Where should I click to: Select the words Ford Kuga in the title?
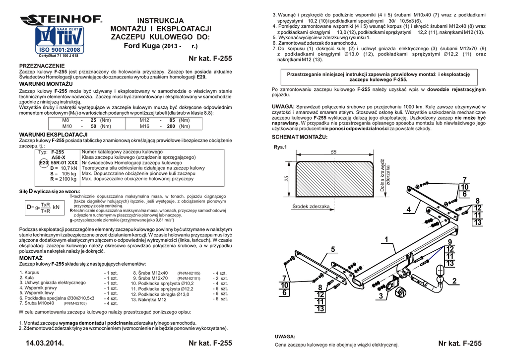(x=141, y=46)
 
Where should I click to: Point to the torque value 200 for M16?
(x=172, y=127)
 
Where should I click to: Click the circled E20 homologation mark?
(x=44, y=162)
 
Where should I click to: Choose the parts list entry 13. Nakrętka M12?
(x=148, y=299)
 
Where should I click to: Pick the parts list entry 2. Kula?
(x=27, y=278)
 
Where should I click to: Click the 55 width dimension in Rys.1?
(x=333, y=151)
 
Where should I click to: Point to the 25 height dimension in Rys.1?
(x=286, y=179)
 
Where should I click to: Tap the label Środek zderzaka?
(x=311, y=206)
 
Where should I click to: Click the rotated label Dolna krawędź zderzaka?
(x=385, y=175)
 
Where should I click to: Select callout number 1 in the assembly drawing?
(x=385, y=240)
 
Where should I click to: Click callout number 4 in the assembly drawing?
(x=408, y=210)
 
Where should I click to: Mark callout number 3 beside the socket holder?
(x=381, y=296)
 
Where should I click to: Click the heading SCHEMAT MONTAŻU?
(x=300, y=137)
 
